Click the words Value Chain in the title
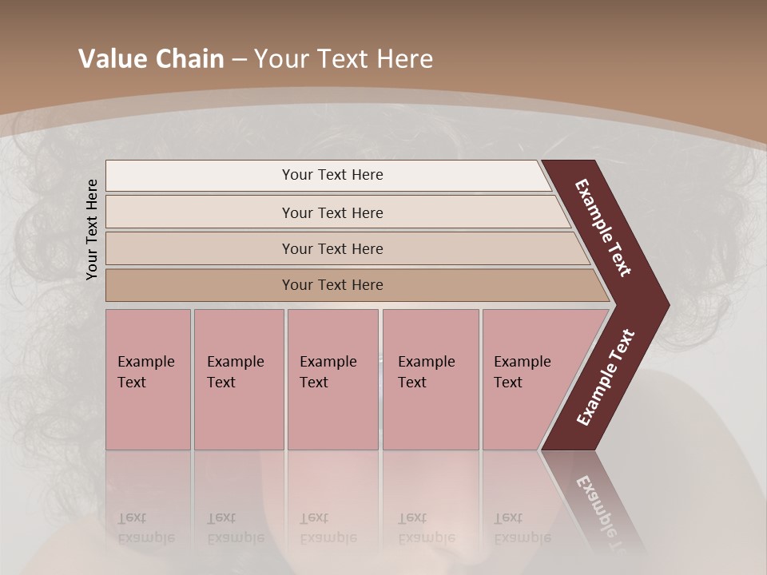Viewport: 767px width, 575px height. tap(151, 59)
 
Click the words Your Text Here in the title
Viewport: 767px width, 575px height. tap(344, 59)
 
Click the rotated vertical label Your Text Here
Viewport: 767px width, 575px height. tap(92, 229)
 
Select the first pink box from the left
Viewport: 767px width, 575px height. tap(148, 379)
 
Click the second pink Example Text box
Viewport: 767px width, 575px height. tap(238, 379)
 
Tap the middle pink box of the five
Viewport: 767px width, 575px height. tap(332, 379)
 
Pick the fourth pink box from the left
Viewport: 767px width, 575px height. tap(431, 379)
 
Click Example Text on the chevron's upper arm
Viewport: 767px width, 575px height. tap(603, 228)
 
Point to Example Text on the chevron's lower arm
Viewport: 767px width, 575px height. tap(606, 378)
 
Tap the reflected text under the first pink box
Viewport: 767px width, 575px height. tap(145, 528)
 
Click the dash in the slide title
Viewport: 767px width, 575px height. tap(239, 60)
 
